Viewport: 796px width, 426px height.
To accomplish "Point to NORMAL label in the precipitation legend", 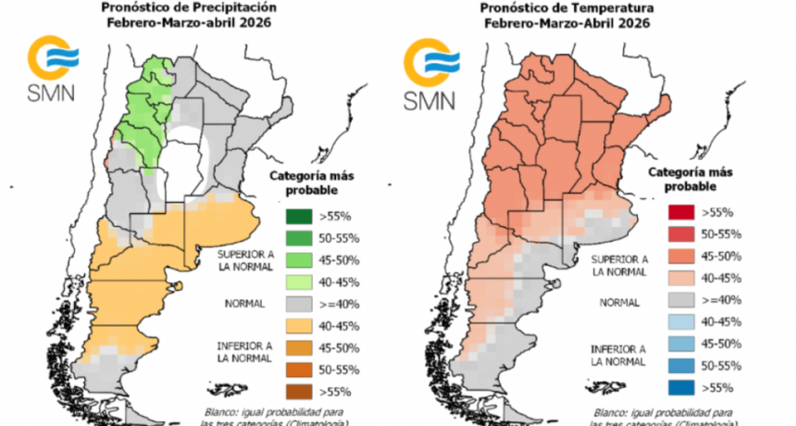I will click(x=244, y=303).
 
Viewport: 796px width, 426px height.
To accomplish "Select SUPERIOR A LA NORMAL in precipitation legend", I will click(x=246, y=260).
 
